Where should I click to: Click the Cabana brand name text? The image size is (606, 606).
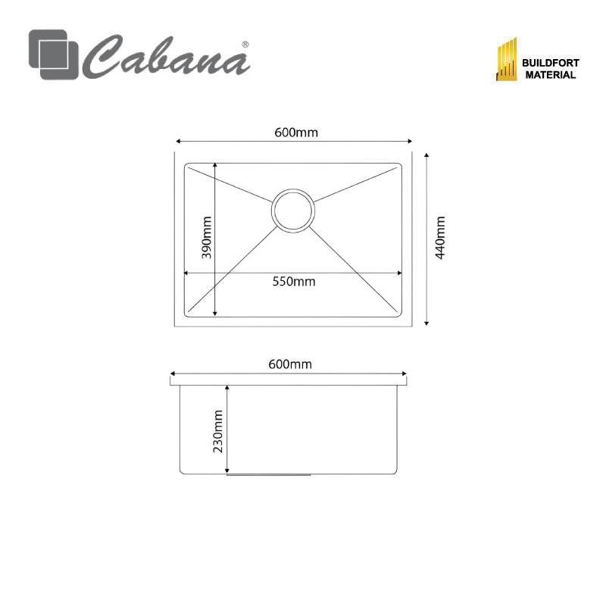tap(166, 57)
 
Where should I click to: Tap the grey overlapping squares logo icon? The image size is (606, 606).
tap(53, 55)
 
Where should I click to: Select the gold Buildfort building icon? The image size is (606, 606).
tap(506, 59)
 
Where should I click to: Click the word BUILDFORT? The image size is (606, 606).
tap(551, 63)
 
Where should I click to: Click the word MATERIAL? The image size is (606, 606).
tap(551, 75)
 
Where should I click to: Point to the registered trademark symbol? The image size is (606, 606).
tap(245, 45)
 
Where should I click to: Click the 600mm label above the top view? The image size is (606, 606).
tap(296, 133)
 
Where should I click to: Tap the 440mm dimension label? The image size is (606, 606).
tap(440, 238)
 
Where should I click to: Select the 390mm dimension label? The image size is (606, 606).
tap(206, 238)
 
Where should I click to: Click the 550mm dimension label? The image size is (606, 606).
tap(294, 281)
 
